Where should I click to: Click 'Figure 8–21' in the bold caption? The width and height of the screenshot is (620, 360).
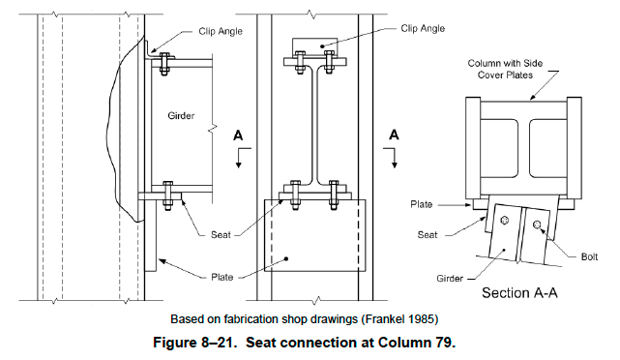(x=218, y=341)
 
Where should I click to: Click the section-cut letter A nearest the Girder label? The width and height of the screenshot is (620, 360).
(x=241, y=136)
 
